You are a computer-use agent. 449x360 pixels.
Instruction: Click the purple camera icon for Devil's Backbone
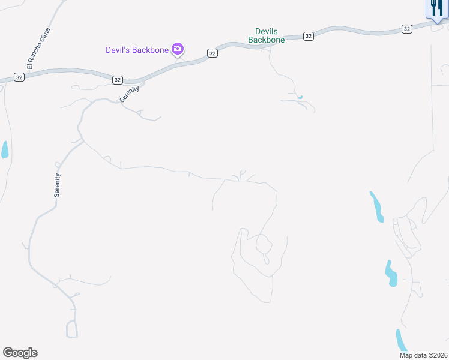[178, 49]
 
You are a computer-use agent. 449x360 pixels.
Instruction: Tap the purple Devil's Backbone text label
[137, 50]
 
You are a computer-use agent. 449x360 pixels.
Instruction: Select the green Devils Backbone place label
[267, 35]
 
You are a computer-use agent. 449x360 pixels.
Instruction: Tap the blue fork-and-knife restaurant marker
[436, 8]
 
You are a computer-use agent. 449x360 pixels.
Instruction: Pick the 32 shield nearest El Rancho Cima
[19, 77]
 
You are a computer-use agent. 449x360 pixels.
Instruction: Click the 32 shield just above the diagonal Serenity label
[117, 79]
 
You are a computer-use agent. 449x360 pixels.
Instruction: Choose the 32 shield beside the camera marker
[212, 53]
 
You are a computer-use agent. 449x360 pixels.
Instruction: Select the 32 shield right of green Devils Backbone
[308, 36]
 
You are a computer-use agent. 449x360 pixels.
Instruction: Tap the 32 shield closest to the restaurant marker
[406, 28]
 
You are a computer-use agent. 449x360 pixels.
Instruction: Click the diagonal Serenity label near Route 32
[130, 94]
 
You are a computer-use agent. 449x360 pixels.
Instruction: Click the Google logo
[20, 353]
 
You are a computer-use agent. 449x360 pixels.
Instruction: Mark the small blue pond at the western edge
[5, 149]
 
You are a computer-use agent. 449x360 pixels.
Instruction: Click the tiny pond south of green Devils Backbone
[300, 97]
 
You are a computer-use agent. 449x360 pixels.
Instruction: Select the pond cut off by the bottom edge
[401, 341]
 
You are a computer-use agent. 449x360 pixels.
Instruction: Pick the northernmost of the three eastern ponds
[376, 206]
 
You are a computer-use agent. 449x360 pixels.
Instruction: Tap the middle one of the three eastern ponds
[391, 274]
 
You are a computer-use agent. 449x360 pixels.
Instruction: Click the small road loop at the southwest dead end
[72, 329]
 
